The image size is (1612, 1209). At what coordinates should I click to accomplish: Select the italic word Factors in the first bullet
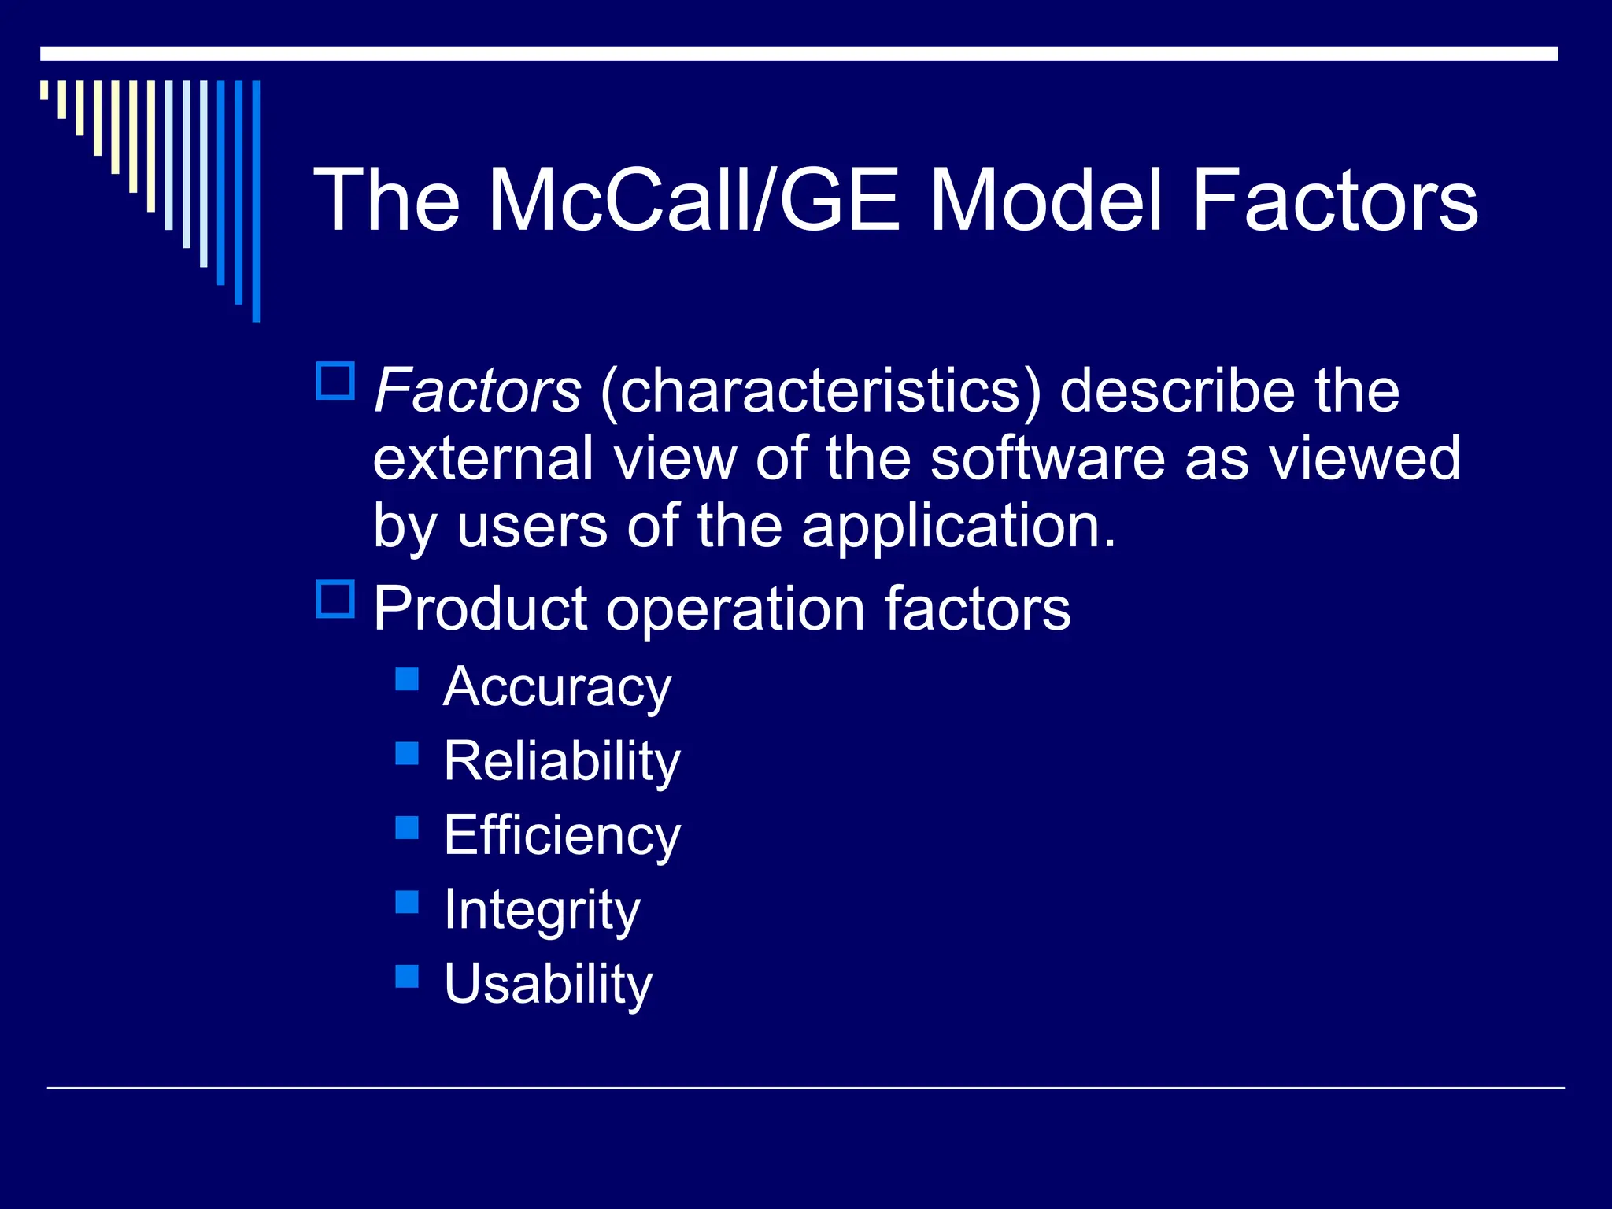tap(477, 391)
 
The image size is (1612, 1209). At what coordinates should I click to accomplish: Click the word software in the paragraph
tap(1047, 459)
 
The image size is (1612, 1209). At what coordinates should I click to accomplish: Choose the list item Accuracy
tap(557, 687)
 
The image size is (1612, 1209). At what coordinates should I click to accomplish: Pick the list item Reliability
tap(561, 762)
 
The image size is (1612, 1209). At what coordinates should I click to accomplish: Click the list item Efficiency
tap(561, 836)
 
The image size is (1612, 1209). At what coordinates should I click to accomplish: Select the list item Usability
tap(548, 984)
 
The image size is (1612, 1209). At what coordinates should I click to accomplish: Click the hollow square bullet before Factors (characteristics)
tap(335, 381)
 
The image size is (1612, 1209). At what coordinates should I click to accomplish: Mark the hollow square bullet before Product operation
tap(335, 599)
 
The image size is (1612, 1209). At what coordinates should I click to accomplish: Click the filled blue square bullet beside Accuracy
tap(407, 679)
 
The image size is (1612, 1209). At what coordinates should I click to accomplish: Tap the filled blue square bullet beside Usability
tap(407, 976)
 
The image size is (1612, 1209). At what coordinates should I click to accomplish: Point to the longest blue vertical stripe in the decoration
tap(256, 201)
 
